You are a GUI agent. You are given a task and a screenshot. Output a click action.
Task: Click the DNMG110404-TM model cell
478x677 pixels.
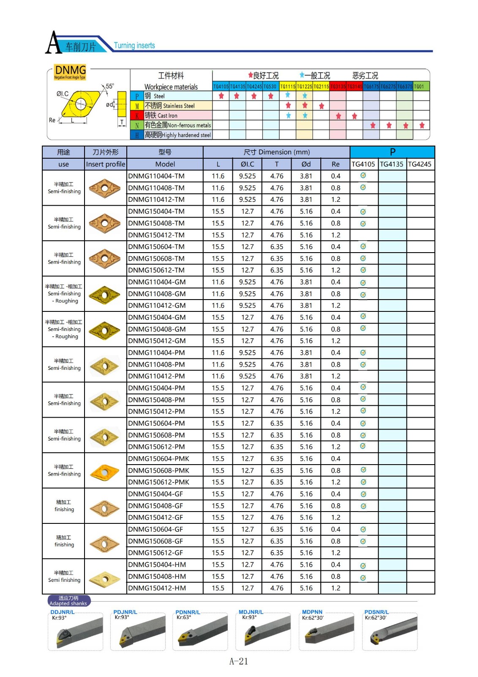tap(156, 176)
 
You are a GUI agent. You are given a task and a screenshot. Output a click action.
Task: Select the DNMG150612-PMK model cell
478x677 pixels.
tap(158, 482)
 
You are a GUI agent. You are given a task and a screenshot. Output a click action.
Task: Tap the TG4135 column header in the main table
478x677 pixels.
tap(392, 164)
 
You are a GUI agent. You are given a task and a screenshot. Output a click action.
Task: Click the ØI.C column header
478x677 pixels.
tap(247, 164)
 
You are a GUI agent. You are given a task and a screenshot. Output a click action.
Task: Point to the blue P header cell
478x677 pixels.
tap(392, 152)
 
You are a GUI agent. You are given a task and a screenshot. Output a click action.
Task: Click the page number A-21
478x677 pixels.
tap(239, 661)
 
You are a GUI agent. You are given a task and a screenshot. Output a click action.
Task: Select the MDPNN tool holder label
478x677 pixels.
tap(312, 612)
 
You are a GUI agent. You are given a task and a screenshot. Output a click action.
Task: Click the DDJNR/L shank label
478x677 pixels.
tap(63, 612)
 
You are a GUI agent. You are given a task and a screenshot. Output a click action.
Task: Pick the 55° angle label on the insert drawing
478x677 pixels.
tap(109, 86)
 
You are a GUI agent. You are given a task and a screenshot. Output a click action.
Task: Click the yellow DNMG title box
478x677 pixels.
tap(70, 72)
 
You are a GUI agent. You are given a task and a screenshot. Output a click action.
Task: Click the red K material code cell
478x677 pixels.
tap(137, 116)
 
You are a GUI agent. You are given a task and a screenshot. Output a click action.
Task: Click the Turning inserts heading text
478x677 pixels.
tap(134, 46)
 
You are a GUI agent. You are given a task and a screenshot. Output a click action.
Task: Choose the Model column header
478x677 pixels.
tap(165, 164)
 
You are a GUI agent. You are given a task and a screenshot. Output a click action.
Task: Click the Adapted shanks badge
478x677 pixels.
tap(68, 601)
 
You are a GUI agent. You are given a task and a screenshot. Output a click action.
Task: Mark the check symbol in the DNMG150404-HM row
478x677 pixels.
tap(363, 566)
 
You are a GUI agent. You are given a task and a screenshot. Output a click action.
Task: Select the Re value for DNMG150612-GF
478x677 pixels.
tap(336, 553)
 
